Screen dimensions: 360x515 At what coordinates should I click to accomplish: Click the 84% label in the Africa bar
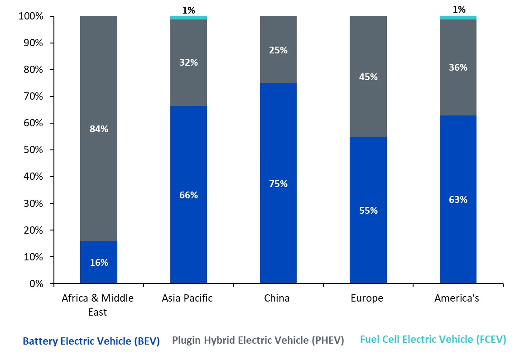coord(99,129)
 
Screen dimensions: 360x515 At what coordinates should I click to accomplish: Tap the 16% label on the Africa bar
coord(99,263)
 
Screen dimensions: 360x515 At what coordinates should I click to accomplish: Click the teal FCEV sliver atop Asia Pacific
coord(188,18)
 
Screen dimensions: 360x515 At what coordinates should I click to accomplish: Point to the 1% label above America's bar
coord(459,10)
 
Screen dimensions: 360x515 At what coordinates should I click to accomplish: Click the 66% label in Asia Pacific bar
coord(188,195)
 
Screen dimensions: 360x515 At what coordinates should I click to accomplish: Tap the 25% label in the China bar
coord(278,50)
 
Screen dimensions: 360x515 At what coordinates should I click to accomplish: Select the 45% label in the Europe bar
coord(368,77)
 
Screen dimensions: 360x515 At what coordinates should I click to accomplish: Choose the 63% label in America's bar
coord(458,200)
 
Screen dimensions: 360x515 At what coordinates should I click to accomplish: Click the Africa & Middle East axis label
coord(98,305)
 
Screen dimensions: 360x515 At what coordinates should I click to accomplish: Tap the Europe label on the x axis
coord(367,298)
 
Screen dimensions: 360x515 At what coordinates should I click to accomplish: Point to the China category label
coord(277,298)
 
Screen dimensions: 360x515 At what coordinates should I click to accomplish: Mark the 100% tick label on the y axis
coord(30,17)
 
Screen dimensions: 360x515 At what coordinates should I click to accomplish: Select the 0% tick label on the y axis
coord(36,284)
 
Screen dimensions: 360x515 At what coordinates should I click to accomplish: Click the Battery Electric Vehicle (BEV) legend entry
coord(91,341)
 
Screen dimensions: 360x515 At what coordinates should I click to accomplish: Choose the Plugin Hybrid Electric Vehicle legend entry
coord(258,340)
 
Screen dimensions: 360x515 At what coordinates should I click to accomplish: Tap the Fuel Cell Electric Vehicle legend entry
coord(433,340)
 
